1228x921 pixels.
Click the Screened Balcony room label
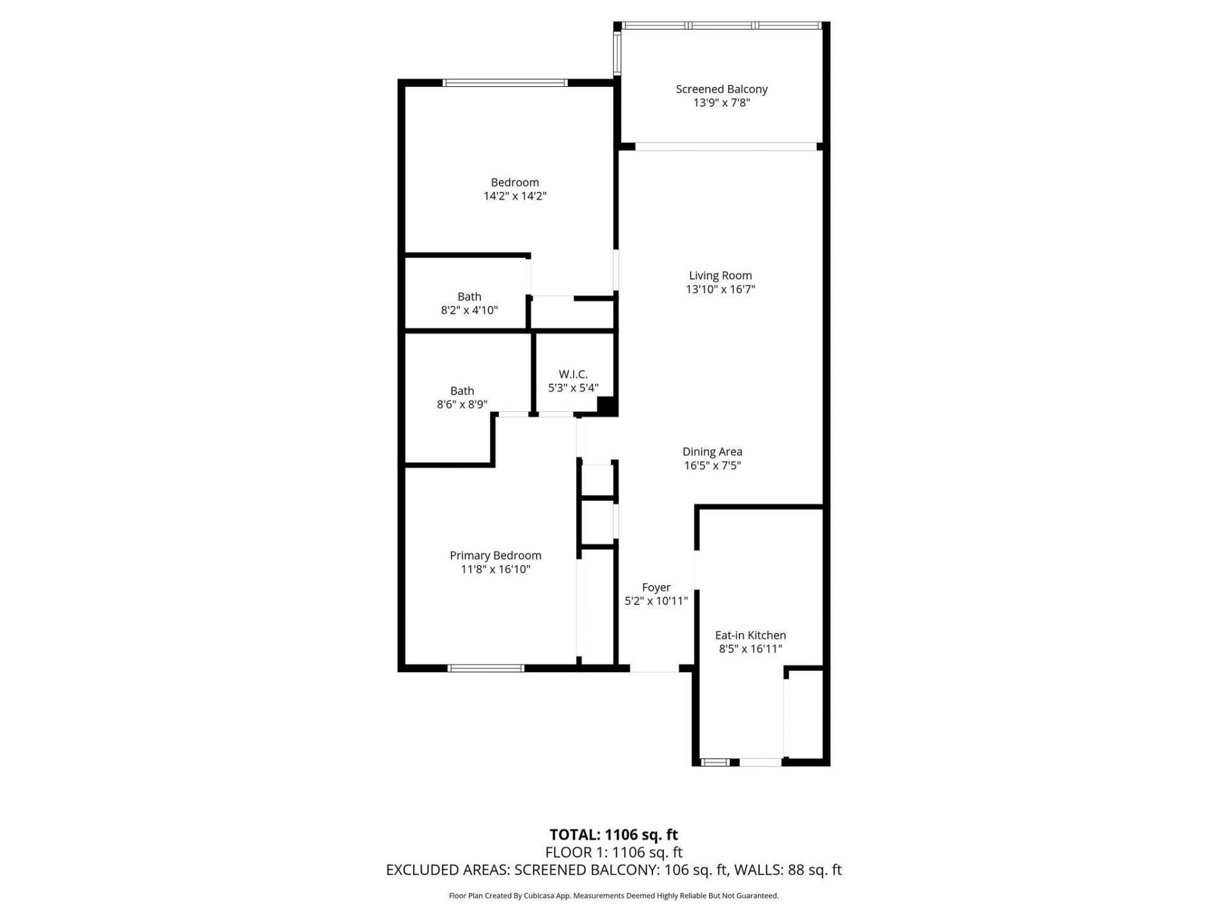tap(721, 89)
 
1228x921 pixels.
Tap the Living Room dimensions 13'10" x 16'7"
tap(720, 289)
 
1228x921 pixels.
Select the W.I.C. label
tap(573, 374)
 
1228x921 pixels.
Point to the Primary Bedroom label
tap(495, 555)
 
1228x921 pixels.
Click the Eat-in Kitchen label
tap(750, 635)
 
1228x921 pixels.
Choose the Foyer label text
tap(656, 587)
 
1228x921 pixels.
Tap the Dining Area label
tap(712, 452)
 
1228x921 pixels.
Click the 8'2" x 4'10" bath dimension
tap(469, 310)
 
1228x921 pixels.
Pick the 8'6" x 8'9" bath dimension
tap(462, 404)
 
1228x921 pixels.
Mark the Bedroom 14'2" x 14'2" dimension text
tap(515, 196)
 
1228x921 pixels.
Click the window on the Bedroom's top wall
tap(505, 83)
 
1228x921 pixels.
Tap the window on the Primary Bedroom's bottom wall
tap(486, 668)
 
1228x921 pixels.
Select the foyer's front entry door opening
tap(654, 668)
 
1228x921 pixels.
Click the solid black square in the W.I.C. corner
tap(606, 405)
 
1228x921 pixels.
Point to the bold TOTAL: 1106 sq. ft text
tap(613, 835)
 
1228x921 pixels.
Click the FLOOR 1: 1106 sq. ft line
tap(613, 852)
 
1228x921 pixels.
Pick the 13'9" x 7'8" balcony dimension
tap(721, 102)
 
